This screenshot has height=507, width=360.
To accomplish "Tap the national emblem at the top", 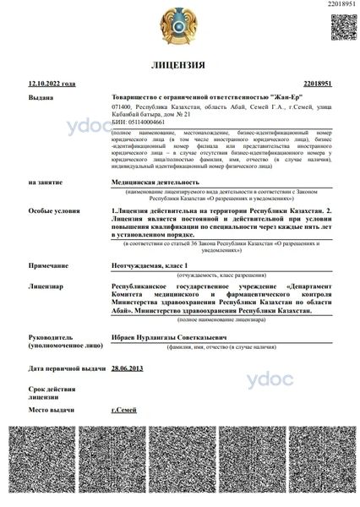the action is coord(179,23).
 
